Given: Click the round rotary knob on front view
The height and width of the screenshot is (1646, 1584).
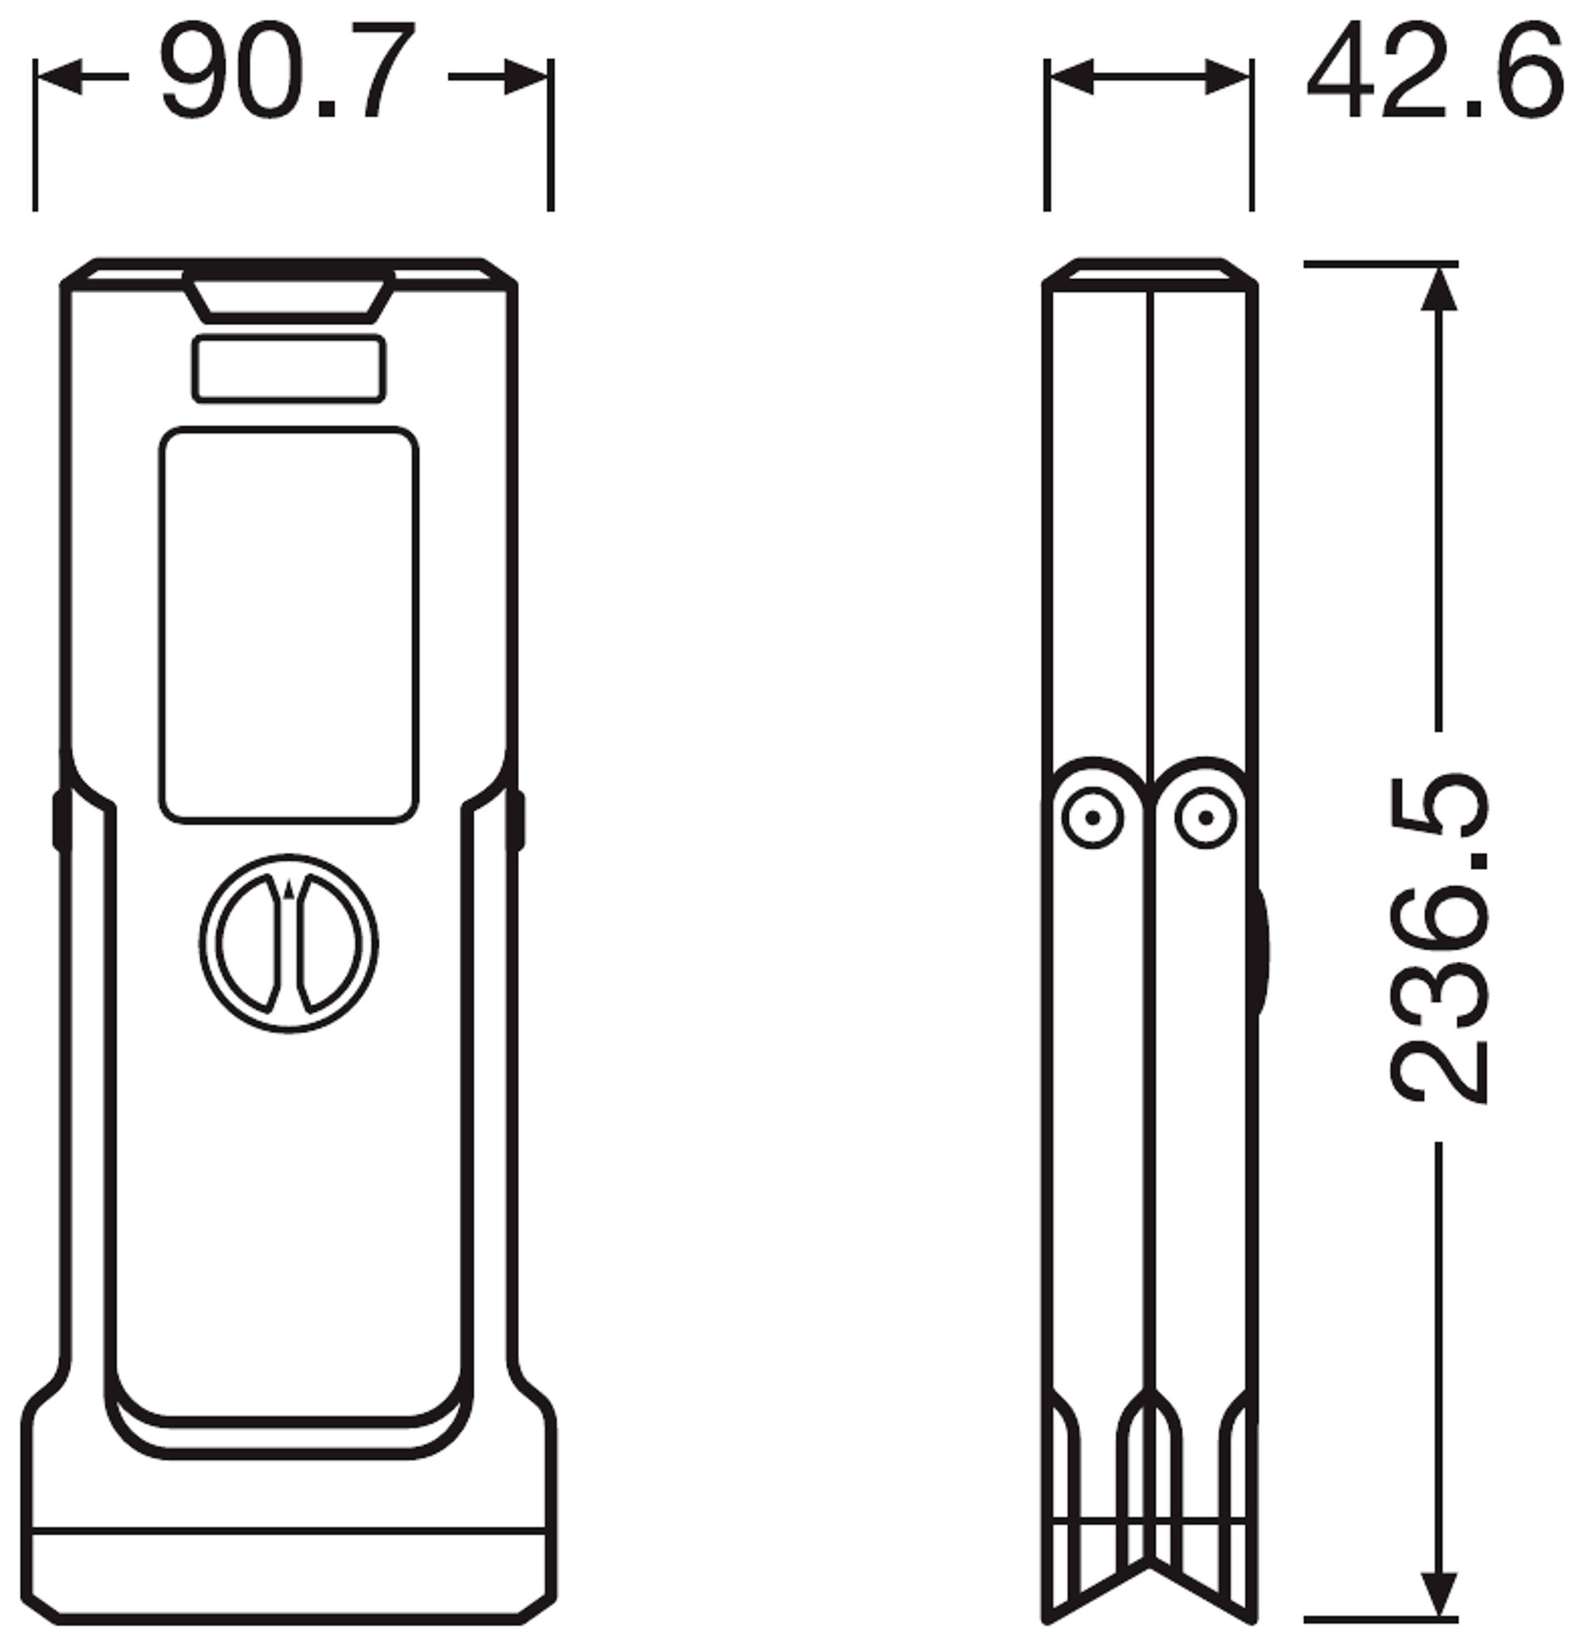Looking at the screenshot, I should [x=288, y=944].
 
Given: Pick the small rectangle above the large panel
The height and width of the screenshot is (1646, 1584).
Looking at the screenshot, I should [x=288, y=369].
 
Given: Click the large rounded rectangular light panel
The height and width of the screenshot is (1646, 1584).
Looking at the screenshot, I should [x=288, y=624].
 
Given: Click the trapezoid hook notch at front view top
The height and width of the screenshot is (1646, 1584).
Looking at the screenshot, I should [x=288, y=299].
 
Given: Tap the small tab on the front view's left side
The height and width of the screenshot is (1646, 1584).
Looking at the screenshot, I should [x=60, y=820].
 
